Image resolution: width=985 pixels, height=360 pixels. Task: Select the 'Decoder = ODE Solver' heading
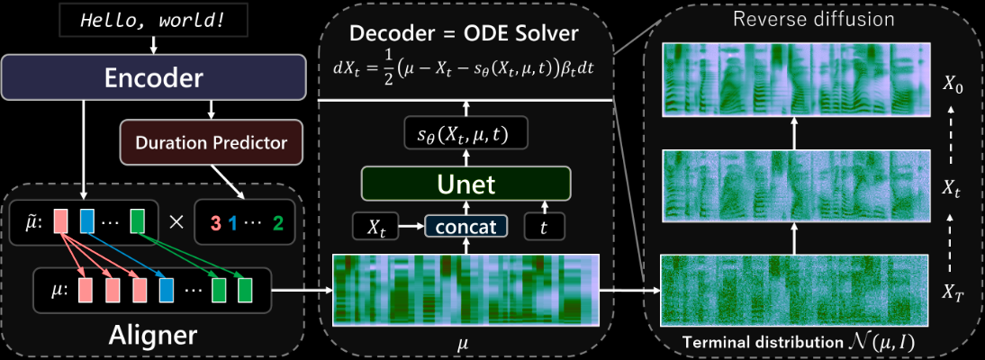[465, 34]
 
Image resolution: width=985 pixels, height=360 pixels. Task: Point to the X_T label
[953, 291]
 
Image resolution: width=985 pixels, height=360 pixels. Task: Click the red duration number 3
[215, 221]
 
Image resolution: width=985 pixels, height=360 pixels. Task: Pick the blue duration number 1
[231, 221]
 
